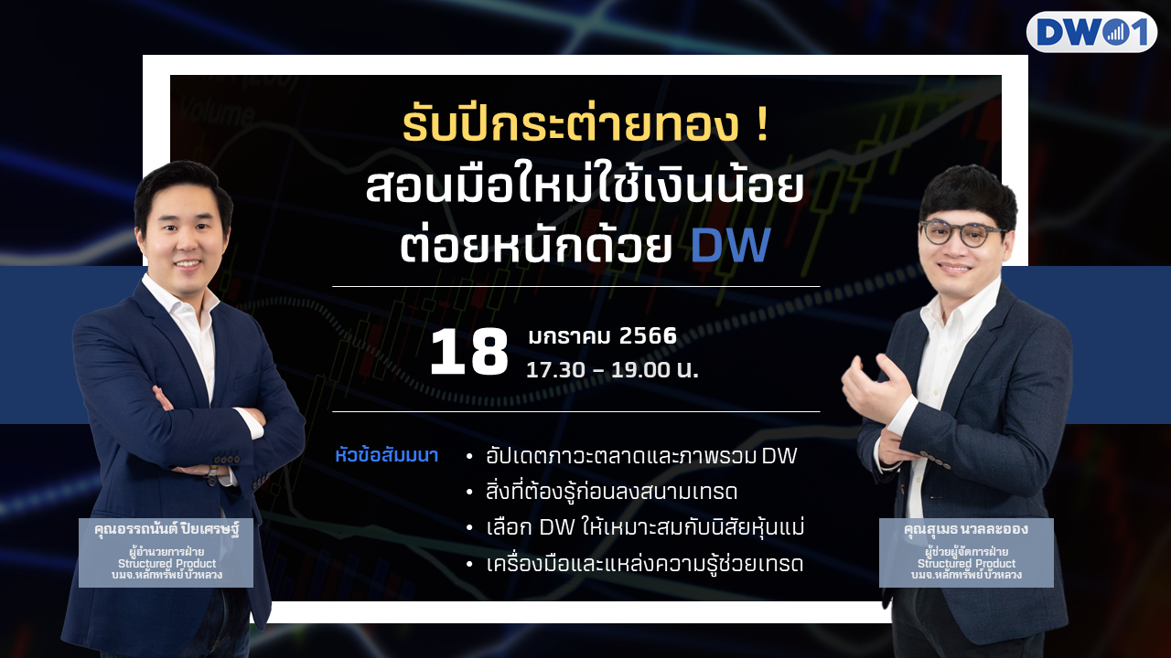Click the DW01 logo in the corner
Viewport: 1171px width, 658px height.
coord(1091,32)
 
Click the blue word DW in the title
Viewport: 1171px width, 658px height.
coord(731,244)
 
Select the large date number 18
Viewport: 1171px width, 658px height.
coord(469,352)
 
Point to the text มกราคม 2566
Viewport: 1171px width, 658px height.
coord(602,335)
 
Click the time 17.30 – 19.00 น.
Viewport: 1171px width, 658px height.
coord(612,370)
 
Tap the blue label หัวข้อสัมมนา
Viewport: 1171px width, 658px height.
coord(386,455)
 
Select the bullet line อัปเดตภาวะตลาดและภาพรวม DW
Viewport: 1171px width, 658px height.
coord(641,456)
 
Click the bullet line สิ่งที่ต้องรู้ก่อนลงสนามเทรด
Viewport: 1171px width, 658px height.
coord(611,492)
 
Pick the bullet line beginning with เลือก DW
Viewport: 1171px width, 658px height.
coord(645,527)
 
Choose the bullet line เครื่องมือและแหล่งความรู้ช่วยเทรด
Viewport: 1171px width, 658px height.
coord(644,564)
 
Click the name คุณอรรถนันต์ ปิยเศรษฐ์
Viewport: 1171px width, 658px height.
coord(167,529)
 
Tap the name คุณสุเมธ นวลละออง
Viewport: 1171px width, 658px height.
coord(966,529)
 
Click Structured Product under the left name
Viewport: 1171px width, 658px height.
coord(167,564)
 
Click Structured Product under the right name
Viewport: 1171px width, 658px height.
coord(967,564)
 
